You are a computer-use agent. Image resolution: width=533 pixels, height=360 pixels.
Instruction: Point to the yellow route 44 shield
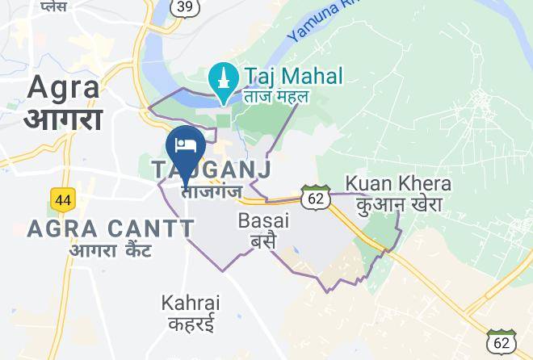[x=61, y=198]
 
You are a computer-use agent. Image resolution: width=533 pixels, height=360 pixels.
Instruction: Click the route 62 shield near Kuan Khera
[x=316, y=196]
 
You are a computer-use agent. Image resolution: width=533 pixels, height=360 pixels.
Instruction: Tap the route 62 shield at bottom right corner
[x=502, y=343]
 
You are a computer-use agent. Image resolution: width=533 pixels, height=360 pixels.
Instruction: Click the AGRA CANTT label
[x=111, y=228]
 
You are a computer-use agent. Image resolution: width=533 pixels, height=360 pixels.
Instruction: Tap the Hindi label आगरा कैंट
[x=111, y=250]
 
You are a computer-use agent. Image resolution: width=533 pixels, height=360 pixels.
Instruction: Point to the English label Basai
[x=263, y=220]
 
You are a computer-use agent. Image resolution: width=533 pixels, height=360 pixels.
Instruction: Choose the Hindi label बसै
[x=263, y=241]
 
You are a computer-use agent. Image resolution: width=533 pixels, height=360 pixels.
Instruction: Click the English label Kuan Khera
[x=398, y=183]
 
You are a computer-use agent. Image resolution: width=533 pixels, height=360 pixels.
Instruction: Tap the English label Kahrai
[x=191, y=303]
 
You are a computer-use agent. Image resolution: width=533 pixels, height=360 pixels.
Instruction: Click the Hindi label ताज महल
[x=277, y=98]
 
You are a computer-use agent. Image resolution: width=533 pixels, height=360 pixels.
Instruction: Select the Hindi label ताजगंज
[x=212, y=192]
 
